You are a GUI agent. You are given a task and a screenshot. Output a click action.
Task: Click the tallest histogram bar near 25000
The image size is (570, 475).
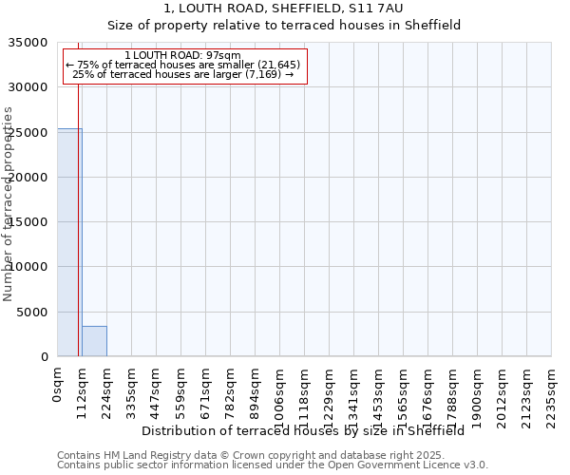[x=69, y=242]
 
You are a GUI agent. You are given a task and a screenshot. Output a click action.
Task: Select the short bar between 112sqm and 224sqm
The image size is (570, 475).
[x=94, y=341]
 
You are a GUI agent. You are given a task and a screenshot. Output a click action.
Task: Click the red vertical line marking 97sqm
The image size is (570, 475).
[x=78, y=209]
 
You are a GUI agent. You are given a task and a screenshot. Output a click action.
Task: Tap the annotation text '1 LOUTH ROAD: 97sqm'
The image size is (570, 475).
[x=183, y=56]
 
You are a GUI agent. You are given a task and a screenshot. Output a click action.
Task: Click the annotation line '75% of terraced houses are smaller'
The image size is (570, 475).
[x=183, y=65]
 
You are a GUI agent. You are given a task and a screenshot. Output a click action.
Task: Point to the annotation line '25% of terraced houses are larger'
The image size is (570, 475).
[x=183, y=74]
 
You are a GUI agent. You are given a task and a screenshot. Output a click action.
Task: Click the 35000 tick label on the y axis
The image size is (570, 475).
[x=29, y=43]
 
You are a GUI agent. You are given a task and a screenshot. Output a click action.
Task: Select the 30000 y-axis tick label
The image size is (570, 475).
[x=29, y=87]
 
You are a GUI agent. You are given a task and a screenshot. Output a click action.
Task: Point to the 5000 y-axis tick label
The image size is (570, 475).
[x=33, y=313]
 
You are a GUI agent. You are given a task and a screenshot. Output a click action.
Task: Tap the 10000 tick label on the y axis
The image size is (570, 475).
[x=29, y=267]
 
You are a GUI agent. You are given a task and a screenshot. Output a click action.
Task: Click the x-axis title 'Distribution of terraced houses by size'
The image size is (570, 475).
[x=303, y=430]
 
